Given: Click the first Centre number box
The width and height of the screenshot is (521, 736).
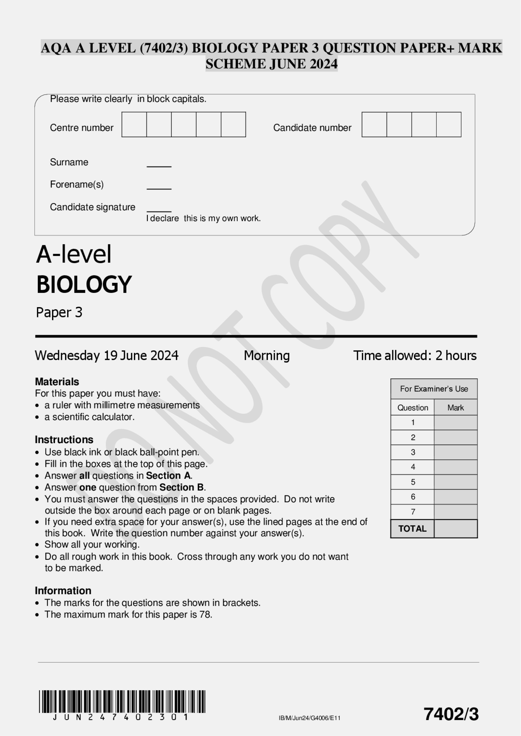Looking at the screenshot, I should (x=134, y=124).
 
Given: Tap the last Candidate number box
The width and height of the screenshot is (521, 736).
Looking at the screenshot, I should (x=449, y=124).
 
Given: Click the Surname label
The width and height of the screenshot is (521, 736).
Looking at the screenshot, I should (x=69, y=162).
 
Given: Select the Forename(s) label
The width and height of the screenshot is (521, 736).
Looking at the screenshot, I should (x=77, y=184).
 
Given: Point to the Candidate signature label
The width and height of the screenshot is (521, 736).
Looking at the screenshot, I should (x=92, y=207).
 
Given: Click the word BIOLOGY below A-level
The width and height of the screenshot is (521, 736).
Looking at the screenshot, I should (x=84, y=284).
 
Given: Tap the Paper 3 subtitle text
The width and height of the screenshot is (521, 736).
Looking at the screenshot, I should (x=59, y=312).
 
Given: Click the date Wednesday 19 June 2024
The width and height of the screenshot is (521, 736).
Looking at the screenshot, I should (x=107, y=356).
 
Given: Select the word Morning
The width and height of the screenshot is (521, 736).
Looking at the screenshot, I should (x=267, y=356).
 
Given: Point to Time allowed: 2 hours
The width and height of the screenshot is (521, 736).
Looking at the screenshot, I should (x=415, y=356).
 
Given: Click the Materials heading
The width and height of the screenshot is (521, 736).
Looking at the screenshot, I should (x=57, y=382).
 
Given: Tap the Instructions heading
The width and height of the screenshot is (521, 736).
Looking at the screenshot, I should (x=64, y=440).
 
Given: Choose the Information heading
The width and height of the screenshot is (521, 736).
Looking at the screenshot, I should (x=63, y=591).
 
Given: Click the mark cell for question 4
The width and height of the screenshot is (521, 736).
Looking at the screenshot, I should (x=455, y=467).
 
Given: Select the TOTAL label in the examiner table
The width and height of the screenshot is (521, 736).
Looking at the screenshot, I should (x=412, y=529).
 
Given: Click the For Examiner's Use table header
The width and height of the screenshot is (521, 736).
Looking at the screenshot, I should (x=434, y=389).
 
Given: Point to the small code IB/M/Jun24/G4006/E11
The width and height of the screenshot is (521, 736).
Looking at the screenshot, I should (x=309, y=718).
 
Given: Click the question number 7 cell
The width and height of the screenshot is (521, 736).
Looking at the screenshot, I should (x=413, y=512).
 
